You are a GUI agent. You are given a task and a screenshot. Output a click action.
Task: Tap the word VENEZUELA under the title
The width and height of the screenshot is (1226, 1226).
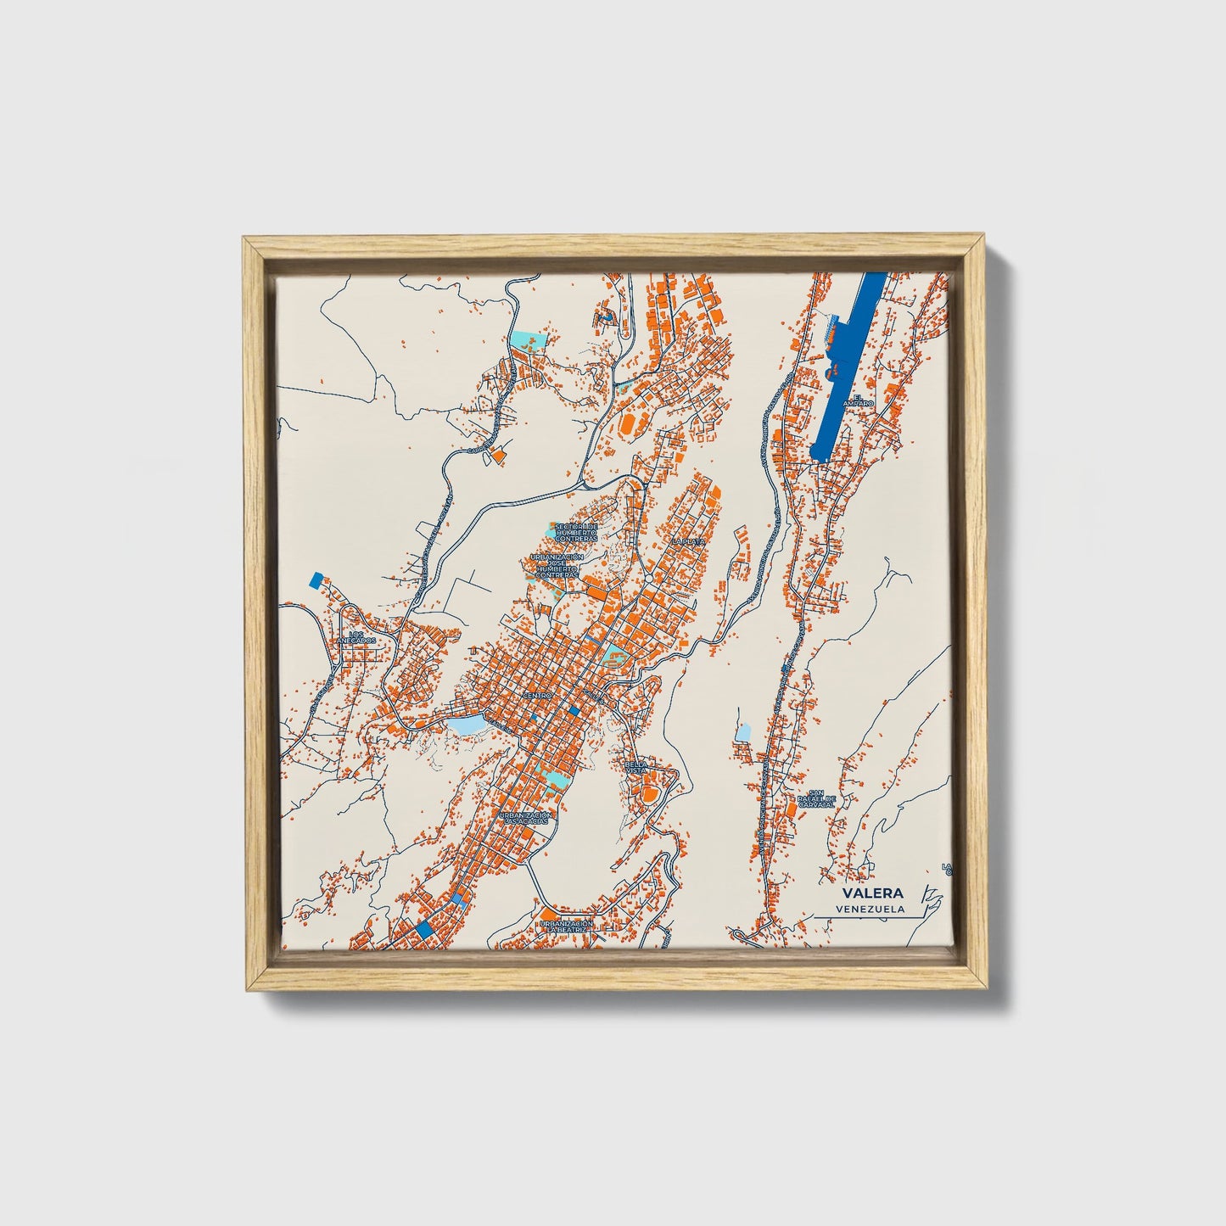(870, 909)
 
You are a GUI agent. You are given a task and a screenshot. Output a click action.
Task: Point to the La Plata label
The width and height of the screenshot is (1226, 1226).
(687, 540)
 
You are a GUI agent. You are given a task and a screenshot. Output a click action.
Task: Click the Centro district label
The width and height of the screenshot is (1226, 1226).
(536, 695)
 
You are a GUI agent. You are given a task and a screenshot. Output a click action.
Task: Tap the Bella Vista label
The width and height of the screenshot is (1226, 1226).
(635, 766)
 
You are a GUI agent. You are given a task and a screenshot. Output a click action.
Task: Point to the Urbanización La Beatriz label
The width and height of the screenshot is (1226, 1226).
(566, 926)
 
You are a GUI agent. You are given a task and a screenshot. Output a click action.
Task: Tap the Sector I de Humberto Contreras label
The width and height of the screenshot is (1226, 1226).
(576, 532)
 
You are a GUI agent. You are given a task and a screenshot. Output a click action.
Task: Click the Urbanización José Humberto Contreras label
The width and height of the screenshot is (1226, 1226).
(556, 566)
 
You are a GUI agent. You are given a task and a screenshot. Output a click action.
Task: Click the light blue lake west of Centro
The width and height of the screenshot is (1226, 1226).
(466, 725)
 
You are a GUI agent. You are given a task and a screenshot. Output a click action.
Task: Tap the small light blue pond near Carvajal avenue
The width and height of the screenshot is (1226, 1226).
(743, 732)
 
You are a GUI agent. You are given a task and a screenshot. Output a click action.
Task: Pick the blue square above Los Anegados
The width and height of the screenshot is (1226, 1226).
(316, 580)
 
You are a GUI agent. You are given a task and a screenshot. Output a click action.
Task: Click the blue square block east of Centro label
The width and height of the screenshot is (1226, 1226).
(574, 711)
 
